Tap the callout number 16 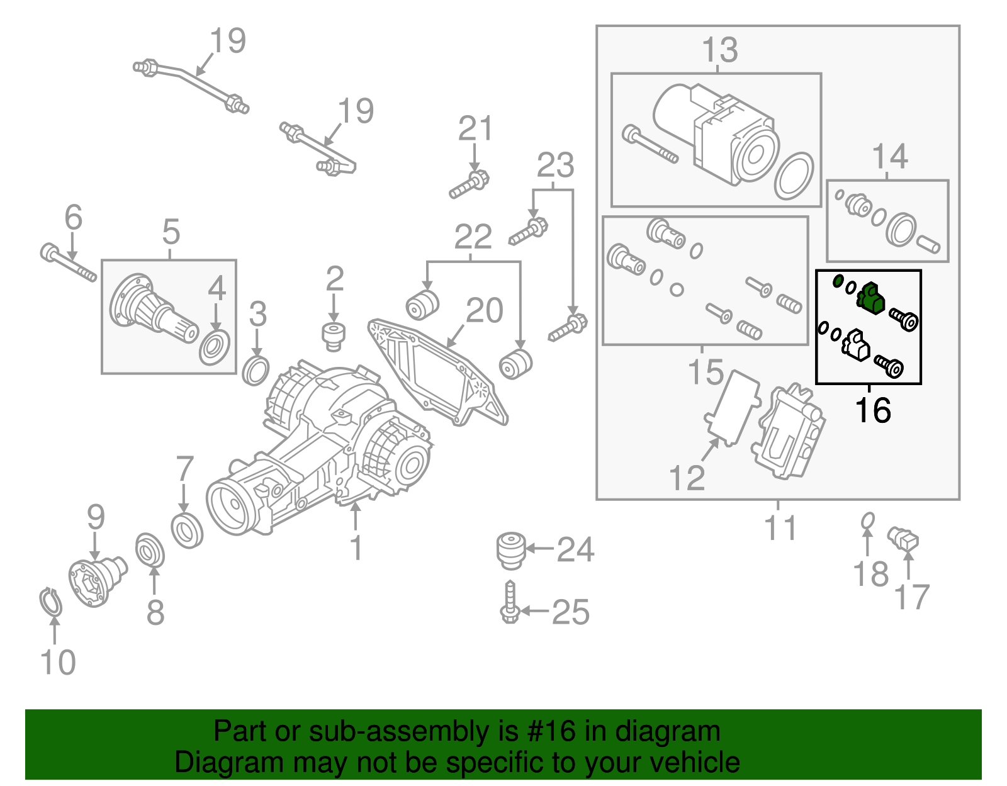pyautogui.click(x=873, y=410)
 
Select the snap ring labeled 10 pyautogui.click(x=50, y=602)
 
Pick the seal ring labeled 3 pyautogui.click(x=256, y=371)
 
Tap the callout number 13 pyautogui.click(x=719, y=50)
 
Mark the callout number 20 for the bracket pyautogui.click(x=484, y=310)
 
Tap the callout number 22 pyautogui.click(x=473, y=237)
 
